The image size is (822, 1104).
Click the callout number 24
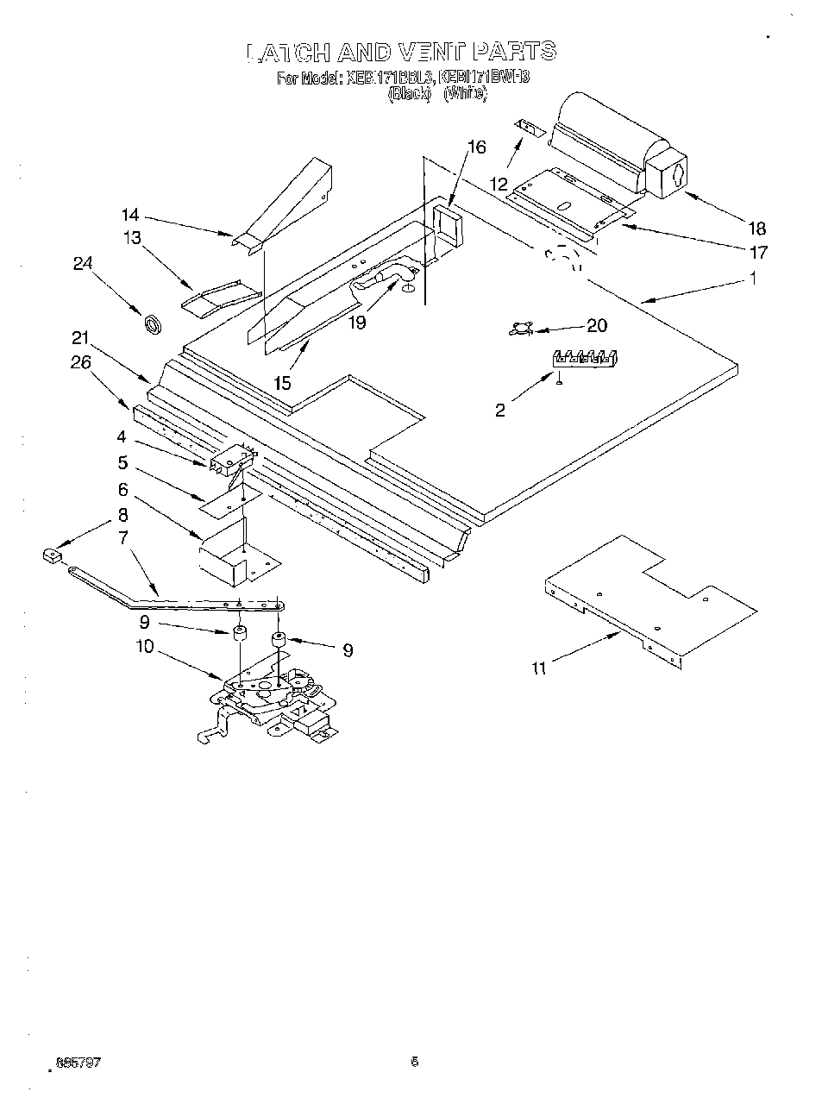(x=82, y=264)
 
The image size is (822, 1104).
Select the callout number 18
(x=756, y=229)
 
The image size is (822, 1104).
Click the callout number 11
(x=539, y=668)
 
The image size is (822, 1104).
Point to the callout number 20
(x=596, y=325)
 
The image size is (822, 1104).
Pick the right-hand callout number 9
(x=347, y=650)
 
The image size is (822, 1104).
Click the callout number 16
(x=476, y=147)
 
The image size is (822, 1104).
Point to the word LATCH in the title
(x=288, y=53)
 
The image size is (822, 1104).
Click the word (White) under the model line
(x=465, y=94)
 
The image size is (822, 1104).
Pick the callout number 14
(x=129, y=215)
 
